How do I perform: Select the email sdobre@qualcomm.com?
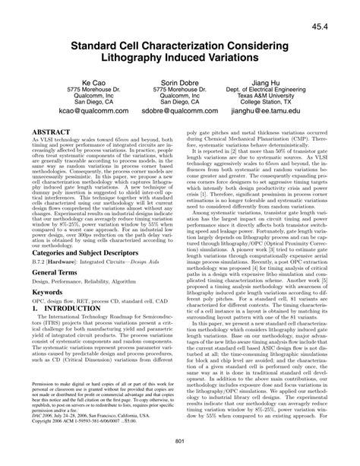(179, 112)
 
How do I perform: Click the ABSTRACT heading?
(52, 131)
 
